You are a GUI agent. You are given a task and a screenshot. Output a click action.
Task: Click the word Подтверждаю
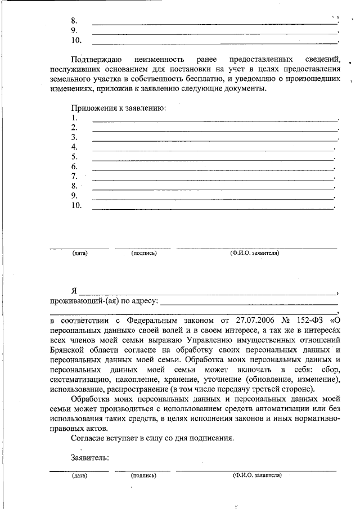tap(96, 59)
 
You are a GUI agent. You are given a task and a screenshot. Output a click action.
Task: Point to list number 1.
tap(74, 118)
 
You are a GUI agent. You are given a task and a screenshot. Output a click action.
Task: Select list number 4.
tap(74, 147)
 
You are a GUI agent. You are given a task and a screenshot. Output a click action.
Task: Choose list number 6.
tap(74, 167)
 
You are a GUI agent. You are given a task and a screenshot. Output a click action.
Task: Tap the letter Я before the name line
tap(74, 291)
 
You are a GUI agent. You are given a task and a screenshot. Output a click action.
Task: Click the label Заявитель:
tap(90, 457)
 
